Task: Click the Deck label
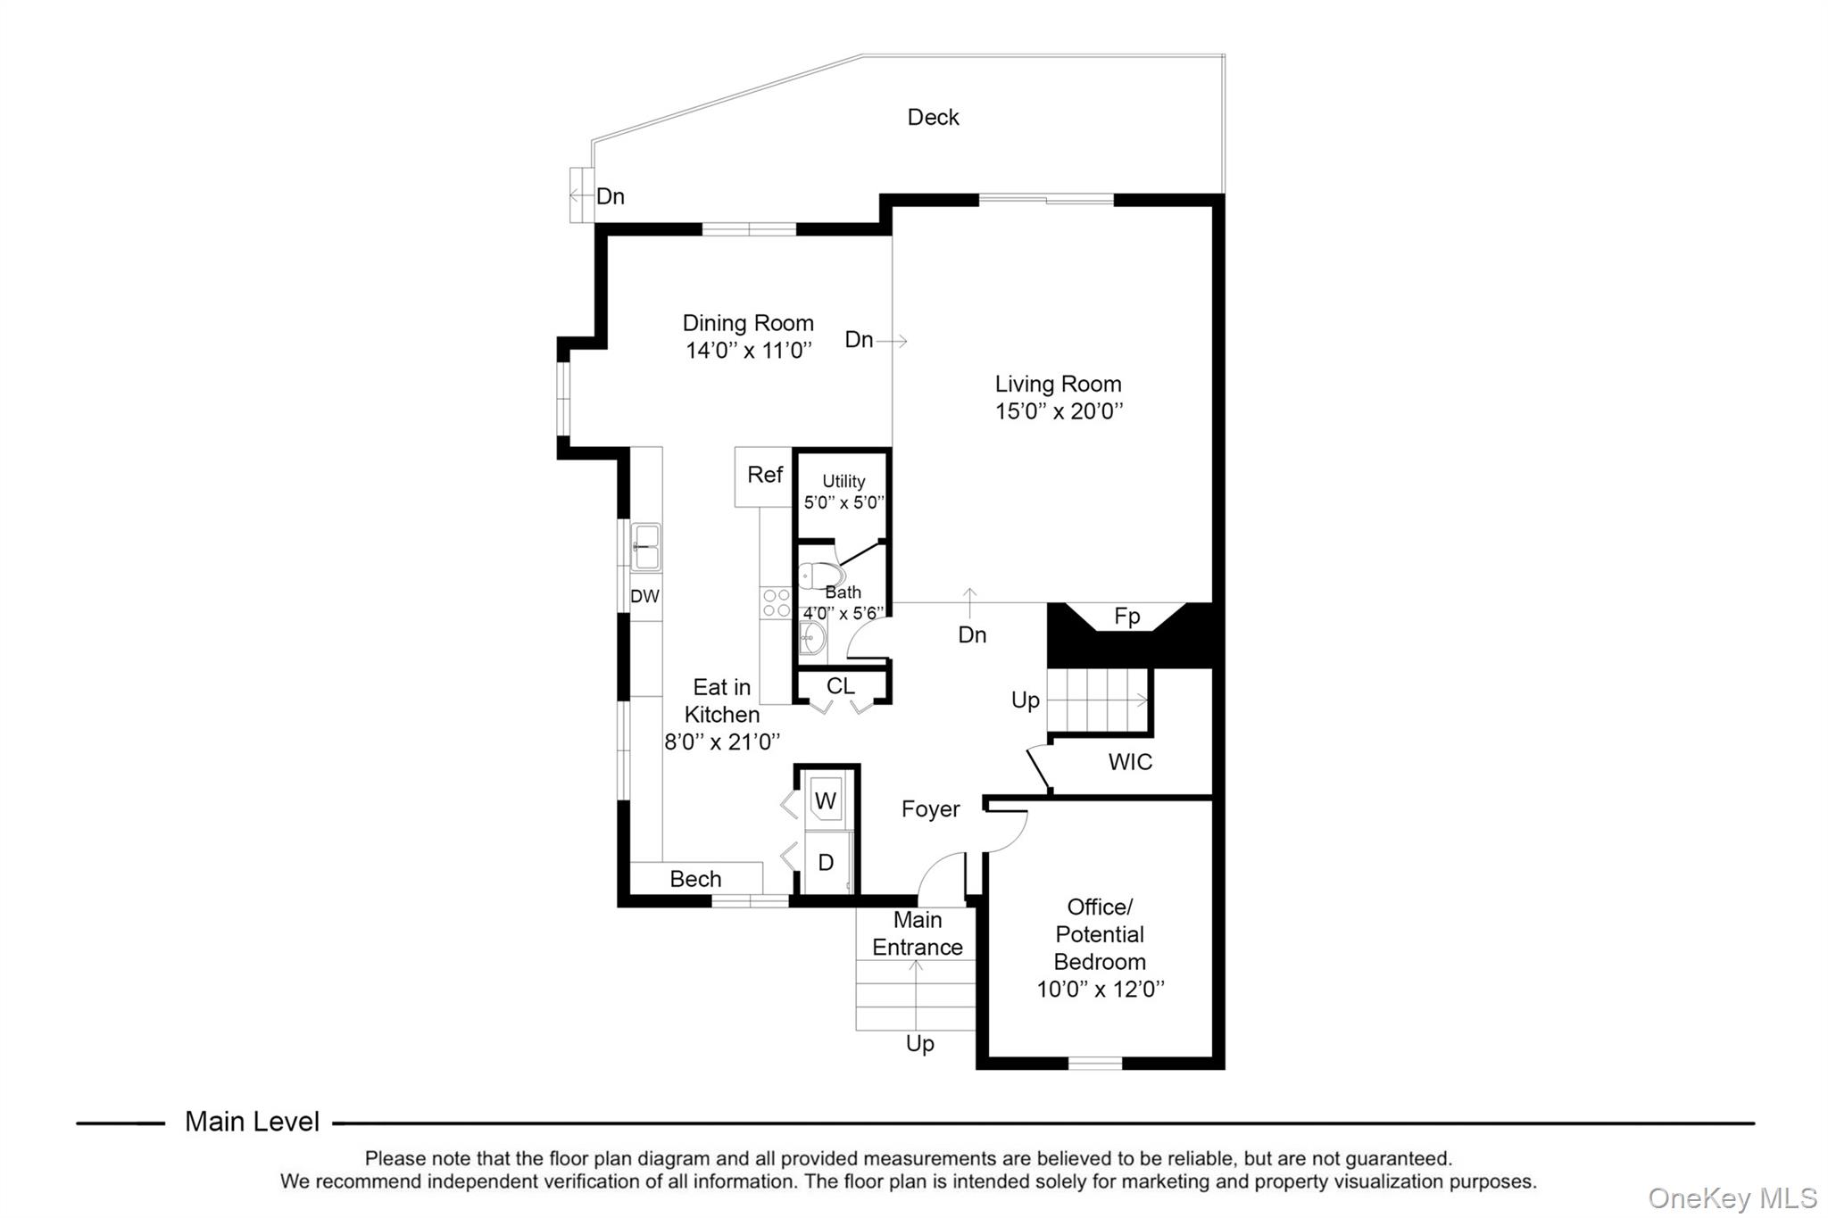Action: click(933, 117)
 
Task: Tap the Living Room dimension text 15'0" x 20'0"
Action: click(1059, 411)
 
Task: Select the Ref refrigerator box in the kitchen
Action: click(764, 476)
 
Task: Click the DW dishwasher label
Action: click(644, 596)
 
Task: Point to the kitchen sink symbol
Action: click(646, 546)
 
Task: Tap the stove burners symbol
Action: click(776, 602)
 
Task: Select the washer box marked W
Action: click(826, 800)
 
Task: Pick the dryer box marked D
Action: click(827, 862)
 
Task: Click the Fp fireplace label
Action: click(1126, 617)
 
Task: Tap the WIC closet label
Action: click(1130, 762)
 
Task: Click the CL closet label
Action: click(840, 686)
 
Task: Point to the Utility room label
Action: click(843, 481)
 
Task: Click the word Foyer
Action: click(930, 809)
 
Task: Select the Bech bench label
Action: click(695, 879)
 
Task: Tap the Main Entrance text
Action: click(918, 933)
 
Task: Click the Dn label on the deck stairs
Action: click(610, 196)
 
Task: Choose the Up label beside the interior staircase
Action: click(1025, 700)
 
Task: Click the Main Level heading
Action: click(252, 1122)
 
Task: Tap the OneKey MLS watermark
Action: click(1732, 1197)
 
